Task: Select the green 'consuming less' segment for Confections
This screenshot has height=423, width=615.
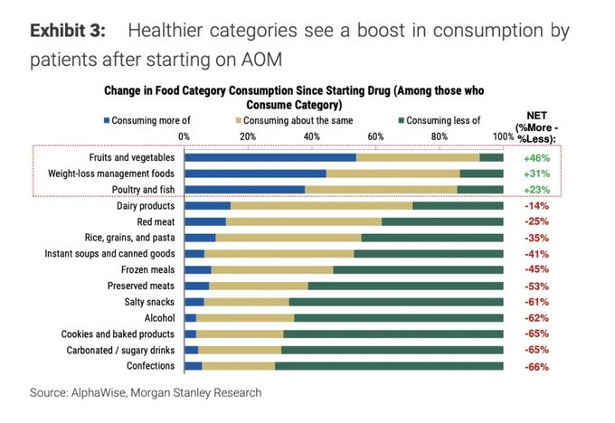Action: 389,367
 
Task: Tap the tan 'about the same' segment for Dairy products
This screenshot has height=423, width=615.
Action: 321,206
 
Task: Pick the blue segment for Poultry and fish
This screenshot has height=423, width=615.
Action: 244,190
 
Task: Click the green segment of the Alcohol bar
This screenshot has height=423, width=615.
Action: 398,318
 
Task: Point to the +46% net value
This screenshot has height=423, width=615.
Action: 535,157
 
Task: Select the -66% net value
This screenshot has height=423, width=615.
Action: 535,367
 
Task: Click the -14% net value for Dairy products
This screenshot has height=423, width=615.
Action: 535,206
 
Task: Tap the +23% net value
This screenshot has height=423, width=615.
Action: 535,190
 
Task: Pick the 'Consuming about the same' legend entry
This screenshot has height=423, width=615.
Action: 292,120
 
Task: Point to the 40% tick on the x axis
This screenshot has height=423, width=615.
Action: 311,136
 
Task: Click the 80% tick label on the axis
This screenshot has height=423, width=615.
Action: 440,136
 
